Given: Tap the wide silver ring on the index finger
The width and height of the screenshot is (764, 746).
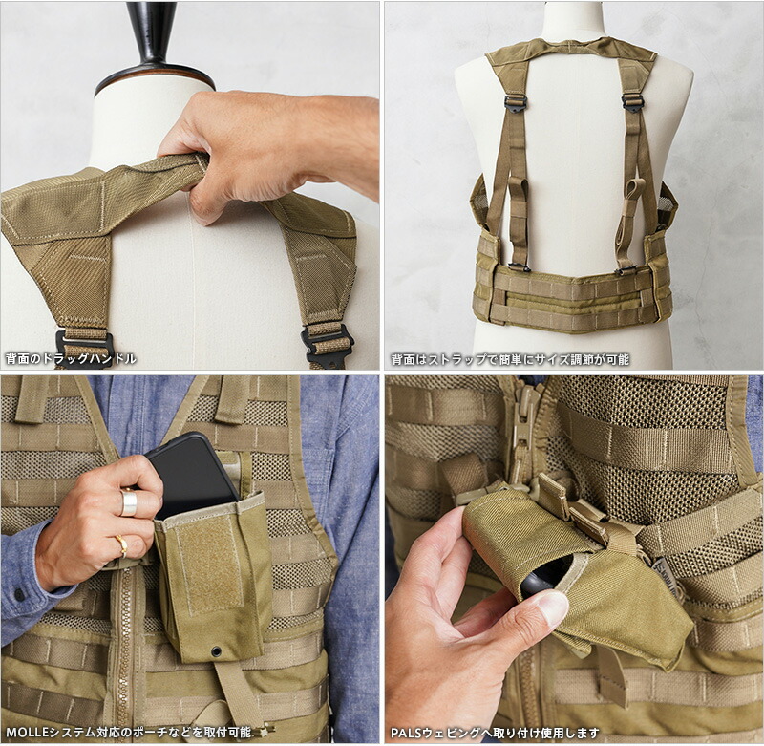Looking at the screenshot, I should click(x=128, y=502).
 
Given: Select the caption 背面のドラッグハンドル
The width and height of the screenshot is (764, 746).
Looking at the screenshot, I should click(x=71, y=358).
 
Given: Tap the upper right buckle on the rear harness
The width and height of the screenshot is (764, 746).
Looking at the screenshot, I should click(x=632, y=101).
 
